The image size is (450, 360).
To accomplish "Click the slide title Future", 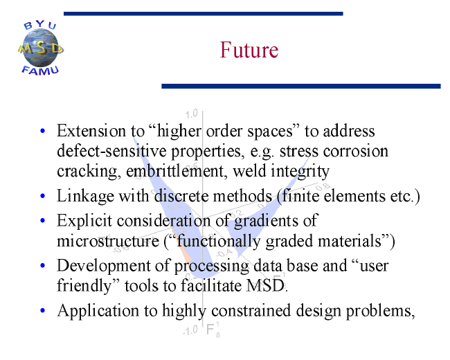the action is click(249, 50).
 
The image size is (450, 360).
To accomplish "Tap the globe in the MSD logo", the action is click(40, 48).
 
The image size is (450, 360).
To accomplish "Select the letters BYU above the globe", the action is click(40, 25).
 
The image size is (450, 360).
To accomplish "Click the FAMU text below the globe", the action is click(40, 71).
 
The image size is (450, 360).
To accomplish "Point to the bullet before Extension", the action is click(43, 132).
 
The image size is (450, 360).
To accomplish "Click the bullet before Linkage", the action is click(43, 196).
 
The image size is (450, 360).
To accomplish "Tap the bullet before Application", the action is click(43, 310).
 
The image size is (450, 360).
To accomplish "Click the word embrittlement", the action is click(174, 171).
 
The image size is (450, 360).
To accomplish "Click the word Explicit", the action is click(84, 221).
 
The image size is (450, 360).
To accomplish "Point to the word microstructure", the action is click(108, 241).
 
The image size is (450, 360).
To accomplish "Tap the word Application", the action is click(98, 311).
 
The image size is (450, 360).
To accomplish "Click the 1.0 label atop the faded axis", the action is click(191, 114).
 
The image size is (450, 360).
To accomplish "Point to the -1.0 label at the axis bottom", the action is click(190, 330).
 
